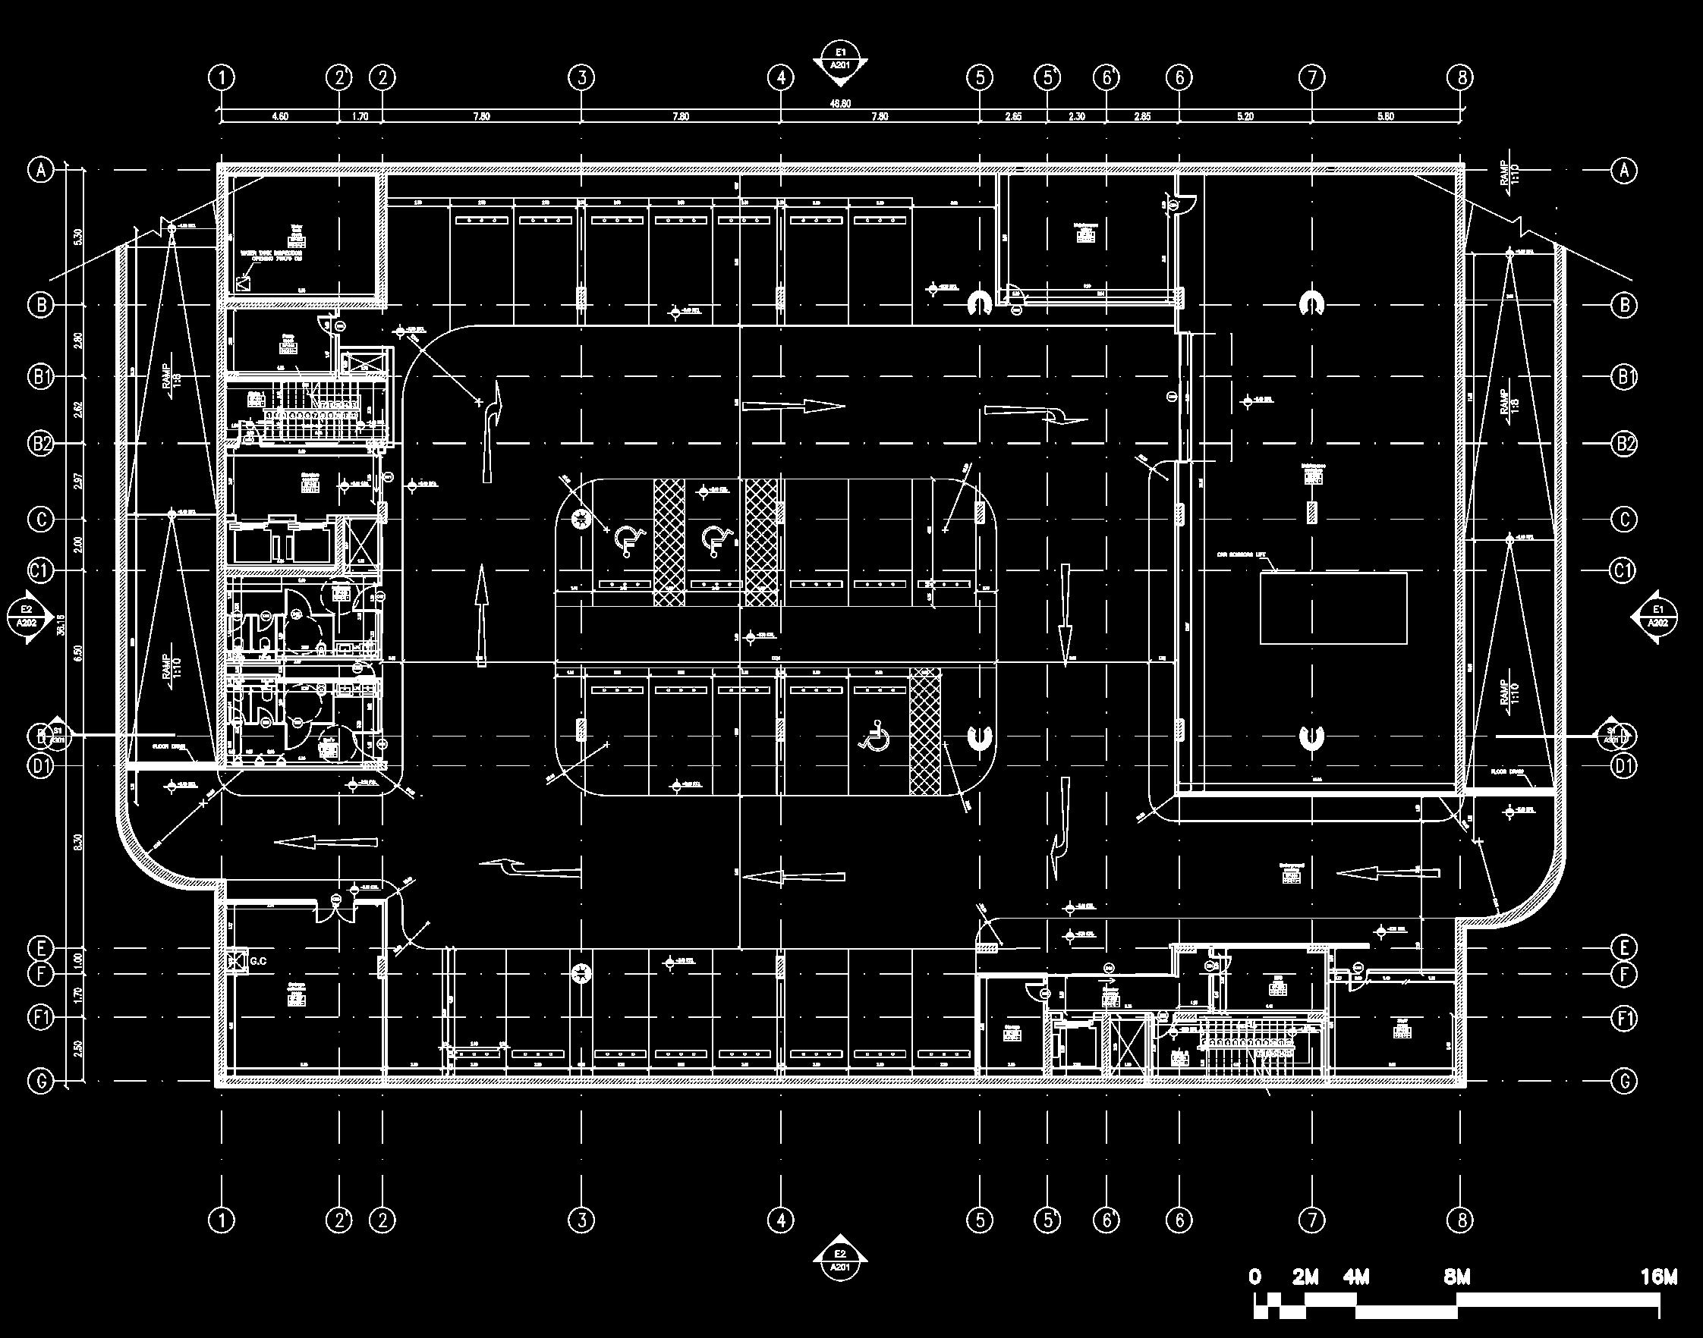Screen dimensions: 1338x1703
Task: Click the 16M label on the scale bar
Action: click(1658, 1277)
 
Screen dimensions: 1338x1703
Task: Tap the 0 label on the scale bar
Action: click(1255, 1277)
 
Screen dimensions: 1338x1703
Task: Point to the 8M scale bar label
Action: click(1456, 1277)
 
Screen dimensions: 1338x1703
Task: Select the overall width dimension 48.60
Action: click(839, 102)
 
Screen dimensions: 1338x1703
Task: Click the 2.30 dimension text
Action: click(1077, 117)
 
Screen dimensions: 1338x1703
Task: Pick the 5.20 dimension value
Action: click(1245, 117)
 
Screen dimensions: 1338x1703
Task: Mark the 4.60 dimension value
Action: click(280, 117)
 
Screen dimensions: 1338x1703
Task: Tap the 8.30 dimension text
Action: click(77, 843)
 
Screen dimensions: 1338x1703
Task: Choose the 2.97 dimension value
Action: click(77, 481)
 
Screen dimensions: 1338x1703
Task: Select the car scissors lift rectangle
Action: click(1333, 608)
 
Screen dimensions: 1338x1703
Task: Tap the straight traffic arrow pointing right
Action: click(793, 406)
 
